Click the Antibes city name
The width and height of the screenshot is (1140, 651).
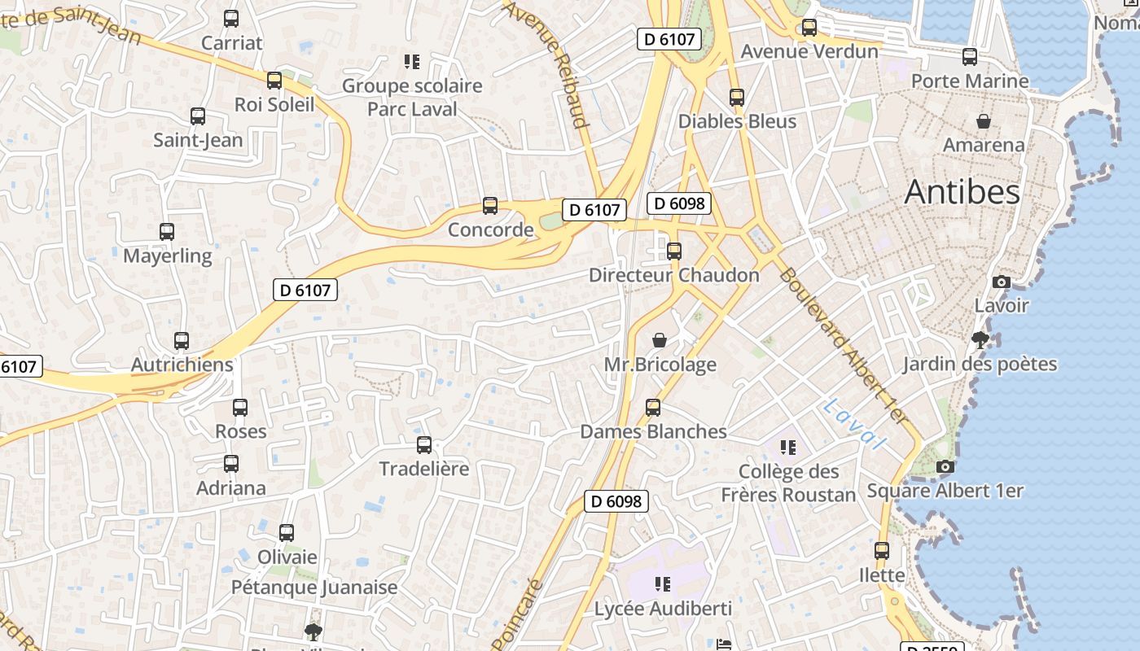pos(962,192)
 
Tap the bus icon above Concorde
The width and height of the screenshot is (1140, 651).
pos(490,206)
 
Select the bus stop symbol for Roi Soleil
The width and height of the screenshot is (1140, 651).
pos(274,81)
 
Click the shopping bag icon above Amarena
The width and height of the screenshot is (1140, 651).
pos(984,121)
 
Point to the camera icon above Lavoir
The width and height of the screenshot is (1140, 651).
pos(1002,282)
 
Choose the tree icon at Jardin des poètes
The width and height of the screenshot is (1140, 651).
pos(980,340)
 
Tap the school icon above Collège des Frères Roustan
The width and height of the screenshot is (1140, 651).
pos(787,447)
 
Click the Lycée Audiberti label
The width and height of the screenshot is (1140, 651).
pos(663,609)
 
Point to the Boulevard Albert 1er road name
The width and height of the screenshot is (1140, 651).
pos(843,346)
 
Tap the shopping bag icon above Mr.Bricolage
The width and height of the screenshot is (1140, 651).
pos(660,340)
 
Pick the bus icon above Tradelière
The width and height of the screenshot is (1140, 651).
pos(424,445)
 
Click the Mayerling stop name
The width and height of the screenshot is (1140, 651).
pos(167,256)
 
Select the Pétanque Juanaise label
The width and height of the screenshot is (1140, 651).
pos(314,588)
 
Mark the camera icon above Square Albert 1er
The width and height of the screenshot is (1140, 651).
pos(945,467)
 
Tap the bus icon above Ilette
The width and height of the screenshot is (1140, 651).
pos(882,551)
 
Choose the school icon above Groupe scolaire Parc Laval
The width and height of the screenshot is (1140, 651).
pos(411,62)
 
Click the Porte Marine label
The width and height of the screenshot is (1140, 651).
pos(969,81)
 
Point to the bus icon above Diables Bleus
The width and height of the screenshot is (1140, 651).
pos(737,98)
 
